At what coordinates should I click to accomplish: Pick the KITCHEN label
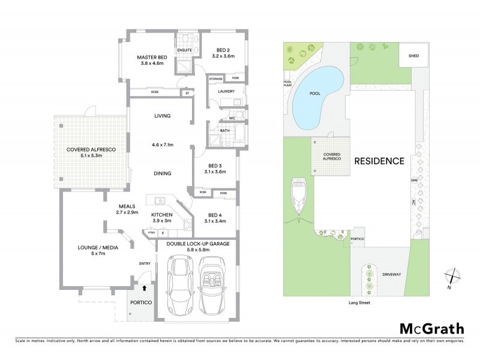161,214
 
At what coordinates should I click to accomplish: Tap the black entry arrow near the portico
144,289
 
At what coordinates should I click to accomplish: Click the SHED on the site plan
414,56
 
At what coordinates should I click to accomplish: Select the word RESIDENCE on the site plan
379,161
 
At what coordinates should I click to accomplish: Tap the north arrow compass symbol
450,278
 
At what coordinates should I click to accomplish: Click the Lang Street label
358,304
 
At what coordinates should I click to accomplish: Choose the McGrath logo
431,328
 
